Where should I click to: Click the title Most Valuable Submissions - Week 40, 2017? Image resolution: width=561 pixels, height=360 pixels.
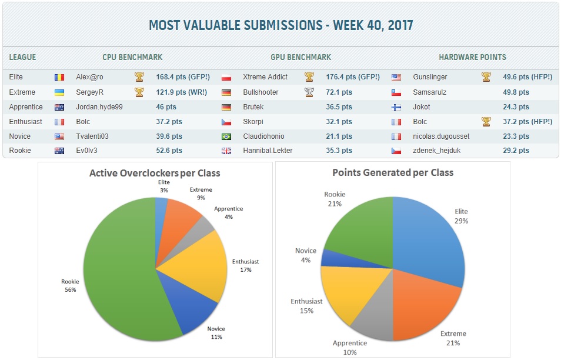tap(280, 25)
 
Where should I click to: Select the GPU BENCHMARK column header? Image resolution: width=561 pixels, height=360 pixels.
tap(300, 58)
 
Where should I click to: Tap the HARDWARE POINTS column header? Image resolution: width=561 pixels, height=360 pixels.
tap(472, 58)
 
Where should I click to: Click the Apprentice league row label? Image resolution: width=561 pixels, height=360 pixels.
tap(26, 107)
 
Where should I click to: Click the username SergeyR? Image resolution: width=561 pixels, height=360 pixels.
tap(89, 92)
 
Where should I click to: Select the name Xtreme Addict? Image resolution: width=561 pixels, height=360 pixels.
tap(265, 77)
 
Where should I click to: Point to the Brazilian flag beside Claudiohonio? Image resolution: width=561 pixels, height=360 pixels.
tap(226, 136)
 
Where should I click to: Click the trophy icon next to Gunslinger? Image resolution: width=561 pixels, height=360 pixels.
tap(486, 77)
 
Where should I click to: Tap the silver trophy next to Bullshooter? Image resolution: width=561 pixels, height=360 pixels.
tap(309, 92)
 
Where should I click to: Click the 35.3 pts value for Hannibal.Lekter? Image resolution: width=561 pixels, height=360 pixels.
tap(339, 151)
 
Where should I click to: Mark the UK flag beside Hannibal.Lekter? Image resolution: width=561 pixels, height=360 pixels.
tap(226, 151)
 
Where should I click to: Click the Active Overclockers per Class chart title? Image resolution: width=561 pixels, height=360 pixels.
tap(155, 174)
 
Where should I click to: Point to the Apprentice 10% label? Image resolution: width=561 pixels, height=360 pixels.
tap(349, 347)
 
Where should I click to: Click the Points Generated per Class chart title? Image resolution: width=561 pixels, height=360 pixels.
tap(392, 173)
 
